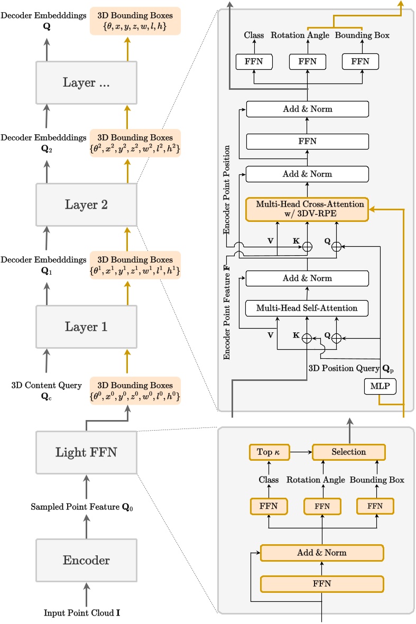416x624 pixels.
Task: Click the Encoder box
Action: click(x=86, y=560)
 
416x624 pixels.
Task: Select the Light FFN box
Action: click(x=86, y=452)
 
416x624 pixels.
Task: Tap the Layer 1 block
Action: click(x=86, y=327)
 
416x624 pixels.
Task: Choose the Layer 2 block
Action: click(x=86, y=204)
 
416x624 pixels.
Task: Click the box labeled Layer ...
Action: click(x=86, y=82)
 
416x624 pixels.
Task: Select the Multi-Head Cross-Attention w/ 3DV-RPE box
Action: click(x=307, y=208)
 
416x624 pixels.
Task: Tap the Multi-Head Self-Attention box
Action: click(x=307, y=308)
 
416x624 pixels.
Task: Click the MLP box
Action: click(x=380, y=386)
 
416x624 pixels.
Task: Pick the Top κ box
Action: click(x=269, y=452)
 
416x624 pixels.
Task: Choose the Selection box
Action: click(x=348, y=452)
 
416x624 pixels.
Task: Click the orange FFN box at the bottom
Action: click(x=321, y=583)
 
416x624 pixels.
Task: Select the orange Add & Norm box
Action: click(x=321, y=553)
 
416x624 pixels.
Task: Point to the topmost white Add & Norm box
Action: click(x=307, y=109)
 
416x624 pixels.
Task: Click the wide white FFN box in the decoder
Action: click(x=307, y=142)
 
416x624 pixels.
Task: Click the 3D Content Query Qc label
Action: click(x=47, y=390)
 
